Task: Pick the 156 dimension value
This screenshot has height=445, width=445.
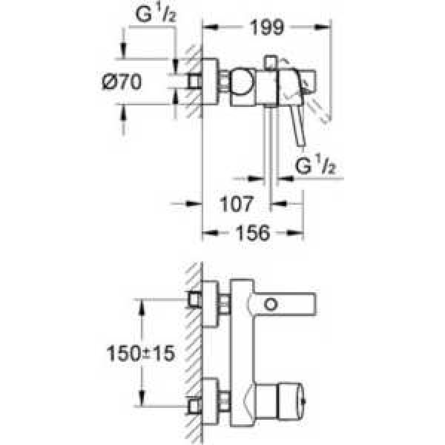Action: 252,231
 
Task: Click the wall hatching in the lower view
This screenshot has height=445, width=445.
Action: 191,349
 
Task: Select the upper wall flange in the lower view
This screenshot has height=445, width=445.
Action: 211,303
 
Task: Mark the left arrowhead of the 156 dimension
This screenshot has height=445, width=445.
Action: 207,231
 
